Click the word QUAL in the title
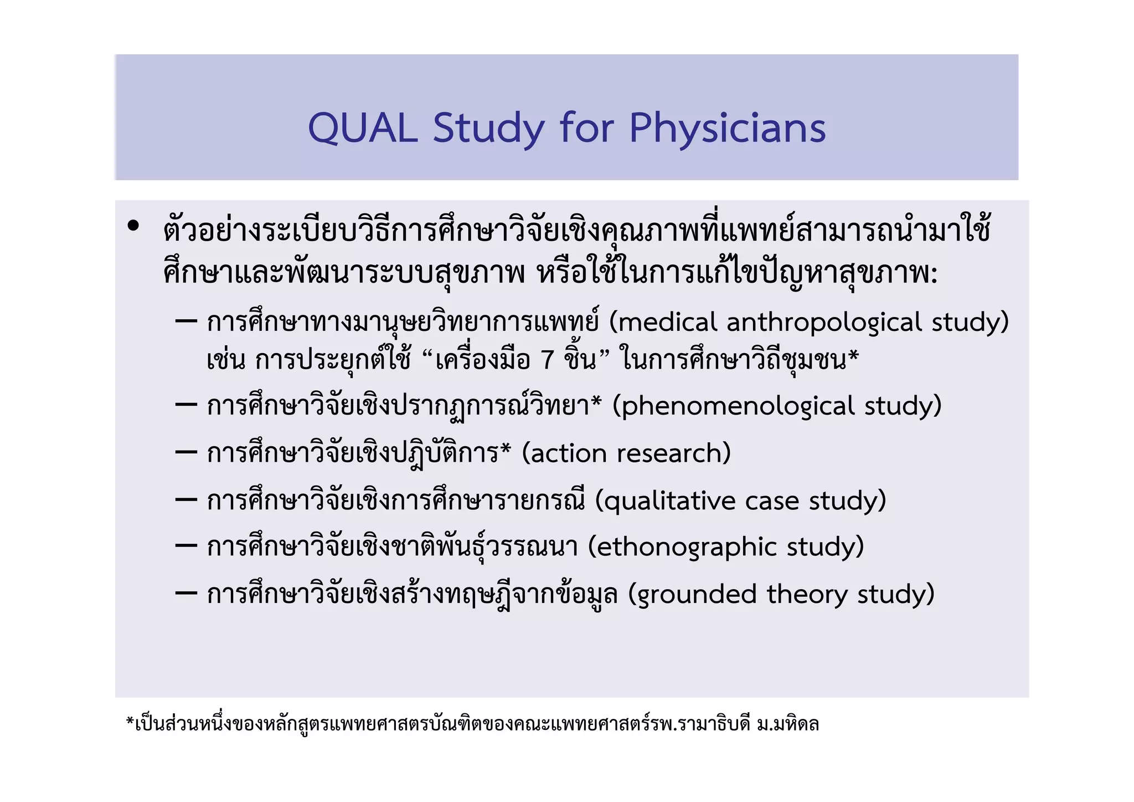363,128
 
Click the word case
772,501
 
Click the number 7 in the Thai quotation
548,360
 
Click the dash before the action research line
186,453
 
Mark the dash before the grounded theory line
186,594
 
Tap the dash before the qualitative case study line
186,500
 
